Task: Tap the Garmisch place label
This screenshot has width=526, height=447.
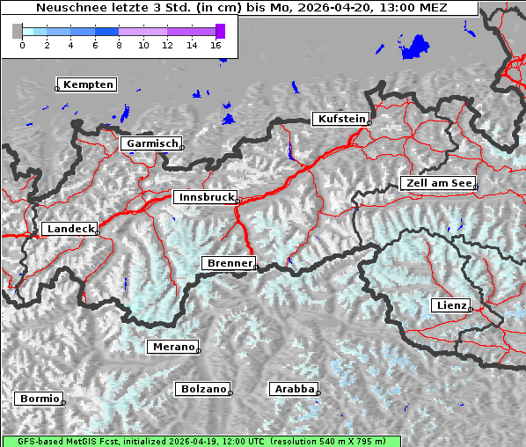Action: pos(152,143)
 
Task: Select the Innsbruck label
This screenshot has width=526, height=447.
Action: pos(206,197)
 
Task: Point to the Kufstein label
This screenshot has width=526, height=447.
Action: pos(340,119)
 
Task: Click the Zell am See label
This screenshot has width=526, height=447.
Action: pos(438,183)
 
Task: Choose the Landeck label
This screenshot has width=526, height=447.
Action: pos(69,229)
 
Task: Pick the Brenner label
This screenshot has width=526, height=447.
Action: pos(230,262)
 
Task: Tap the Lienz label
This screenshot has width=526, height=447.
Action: pos(451,305)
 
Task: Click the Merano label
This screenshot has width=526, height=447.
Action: pos(173,347)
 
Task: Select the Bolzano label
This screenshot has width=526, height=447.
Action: pos(203,388)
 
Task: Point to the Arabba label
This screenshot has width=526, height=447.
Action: pos(294,388)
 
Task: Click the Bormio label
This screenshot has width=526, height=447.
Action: pos(40,399)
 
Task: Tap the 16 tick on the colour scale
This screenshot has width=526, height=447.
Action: pos(216,44)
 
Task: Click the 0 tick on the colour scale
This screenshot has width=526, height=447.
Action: pos(22,44)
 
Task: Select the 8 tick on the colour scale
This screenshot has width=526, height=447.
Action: pos(119,44)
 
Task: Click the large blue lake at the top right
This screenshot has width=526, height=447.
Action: pos(414,48)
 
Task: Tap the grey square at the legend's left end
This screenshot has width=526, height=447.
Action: pos(18,31)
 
